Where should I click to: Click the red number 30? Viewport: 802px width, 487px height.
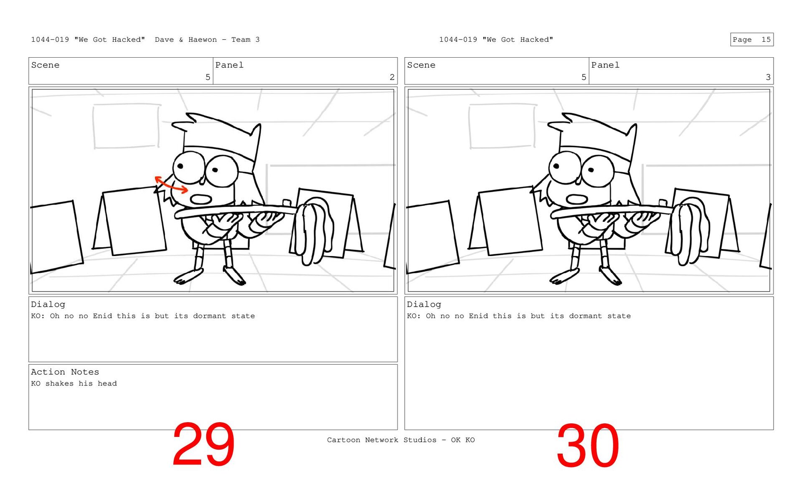coord(588,445)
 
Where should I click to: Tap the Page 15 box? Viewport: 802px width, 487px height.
coord(752,39)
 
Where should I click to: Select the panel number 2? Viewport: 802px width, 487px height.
coord(392,77)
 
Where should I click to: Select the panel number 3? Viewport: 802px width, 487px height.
coord(768,77)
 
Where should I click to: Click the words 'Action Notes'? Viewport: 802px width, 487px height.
coord(65,372)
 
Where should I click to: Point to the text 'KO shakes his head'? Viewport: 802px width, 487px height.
coord(74,383)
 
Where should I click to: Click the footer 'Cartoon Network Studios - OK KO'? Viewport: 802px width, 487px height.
coord(401,440)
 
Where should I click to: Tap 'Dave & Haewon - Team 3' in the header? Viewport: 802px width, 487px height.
coord(207,40)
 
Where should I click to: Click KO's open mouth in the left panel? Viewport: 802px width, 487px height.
coord(201,199)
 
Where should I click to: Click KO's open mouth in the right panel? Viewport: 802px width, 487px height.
coord(577,199)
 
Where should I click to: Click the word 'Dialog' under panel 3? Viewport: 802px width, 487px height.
coord(424,304)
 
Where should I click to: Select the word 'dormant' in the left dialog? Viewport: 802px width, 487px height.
coord(209,316)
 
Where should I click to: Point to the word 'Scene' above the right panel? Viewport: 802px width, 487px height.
coord(421,65)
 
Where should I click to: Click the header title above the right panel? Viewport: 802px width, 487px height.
coord(496,40)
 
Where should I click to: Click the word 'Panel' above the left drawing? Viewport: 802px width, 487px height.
coord(229,65)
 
